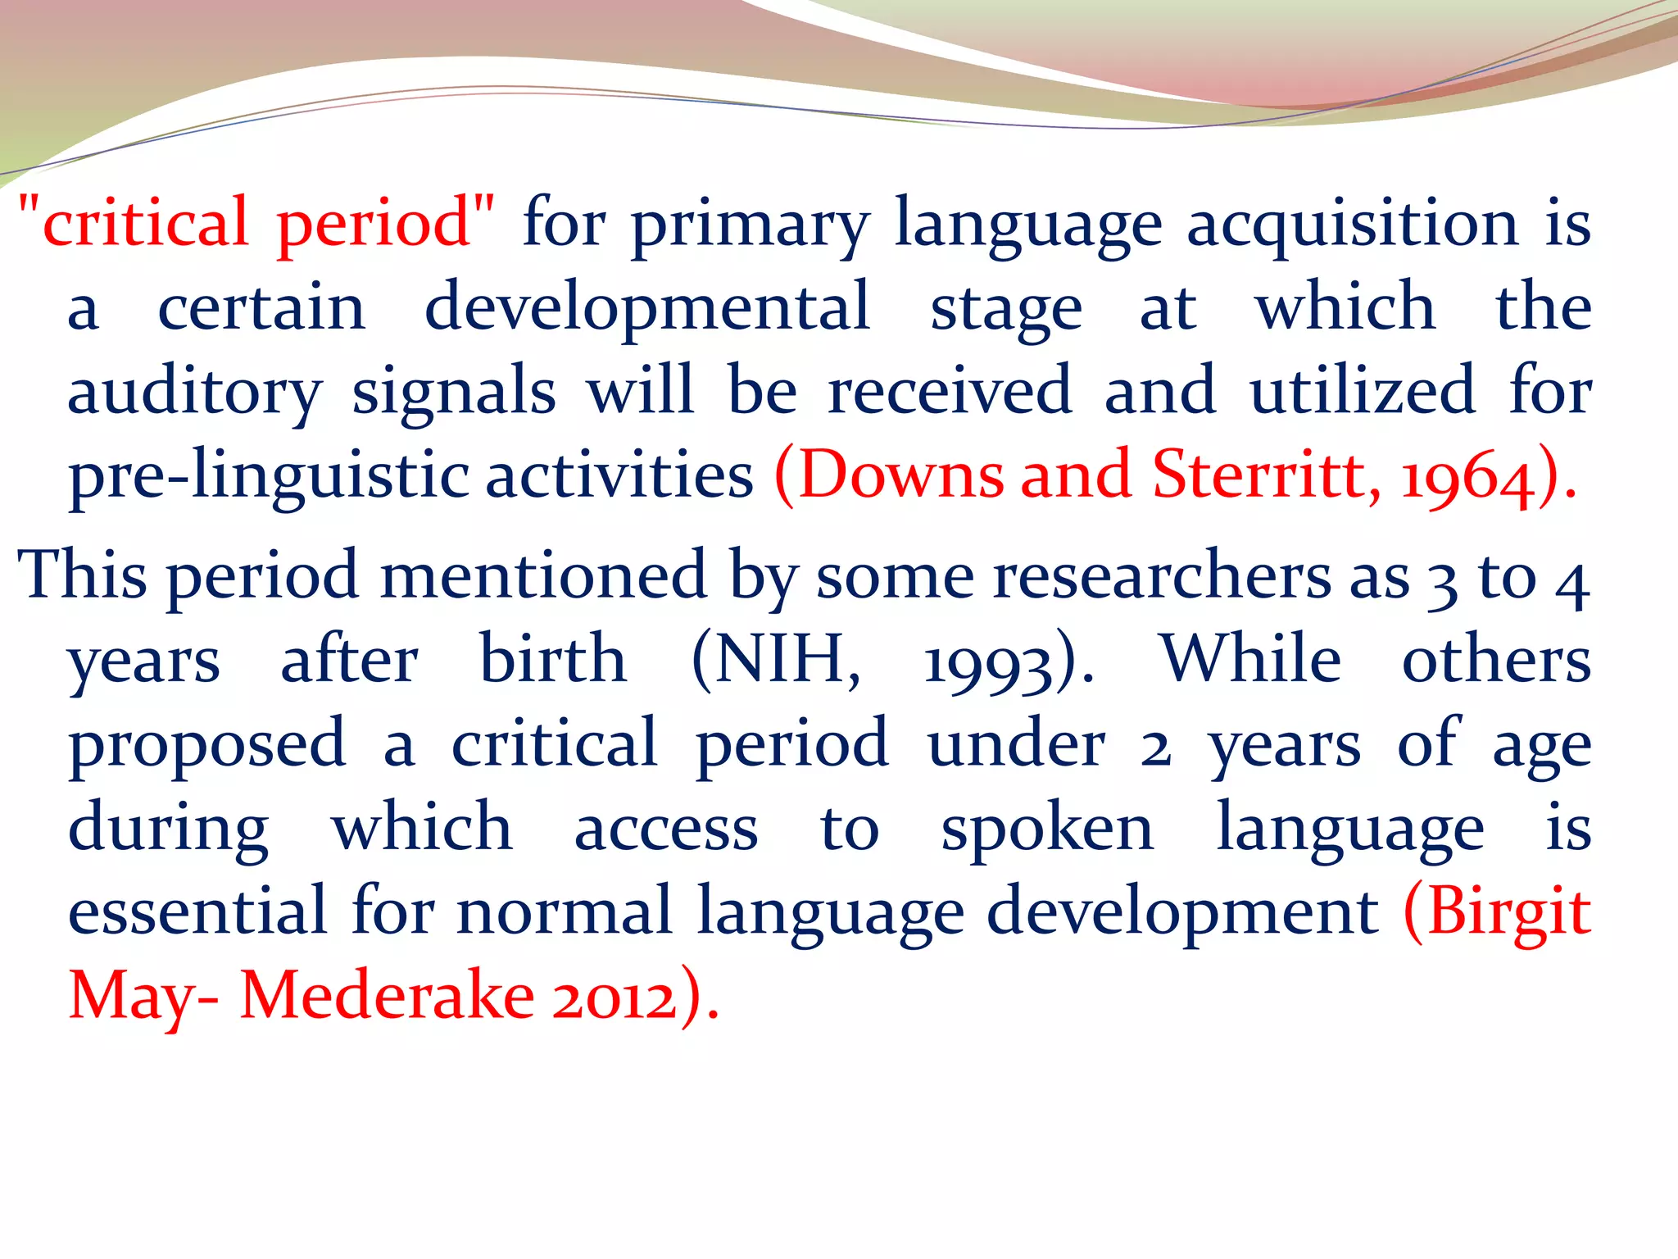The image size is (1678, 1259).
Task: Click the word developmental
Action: coord(647,309)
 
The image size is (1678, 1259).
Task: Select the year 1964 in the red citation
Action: coord(1467,476)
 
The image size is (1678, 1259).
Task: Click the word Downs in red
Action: coord(900,475)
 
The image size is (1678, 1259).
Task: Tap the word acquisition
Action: coord(1353,224)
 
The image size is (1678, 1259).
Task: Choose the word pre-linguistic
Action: coord(269,478)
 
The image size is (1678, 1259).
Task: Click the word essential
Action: coord(197,911)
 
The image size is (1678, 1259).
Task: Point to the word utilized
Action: coord(1363,391)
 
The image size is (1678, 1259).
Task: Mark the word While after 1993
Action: coord(1251,660)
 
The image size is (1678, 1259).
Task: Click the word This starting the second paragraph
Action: coord(82,575)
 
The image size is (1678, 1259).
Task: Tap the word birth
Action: coord(553,660)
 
